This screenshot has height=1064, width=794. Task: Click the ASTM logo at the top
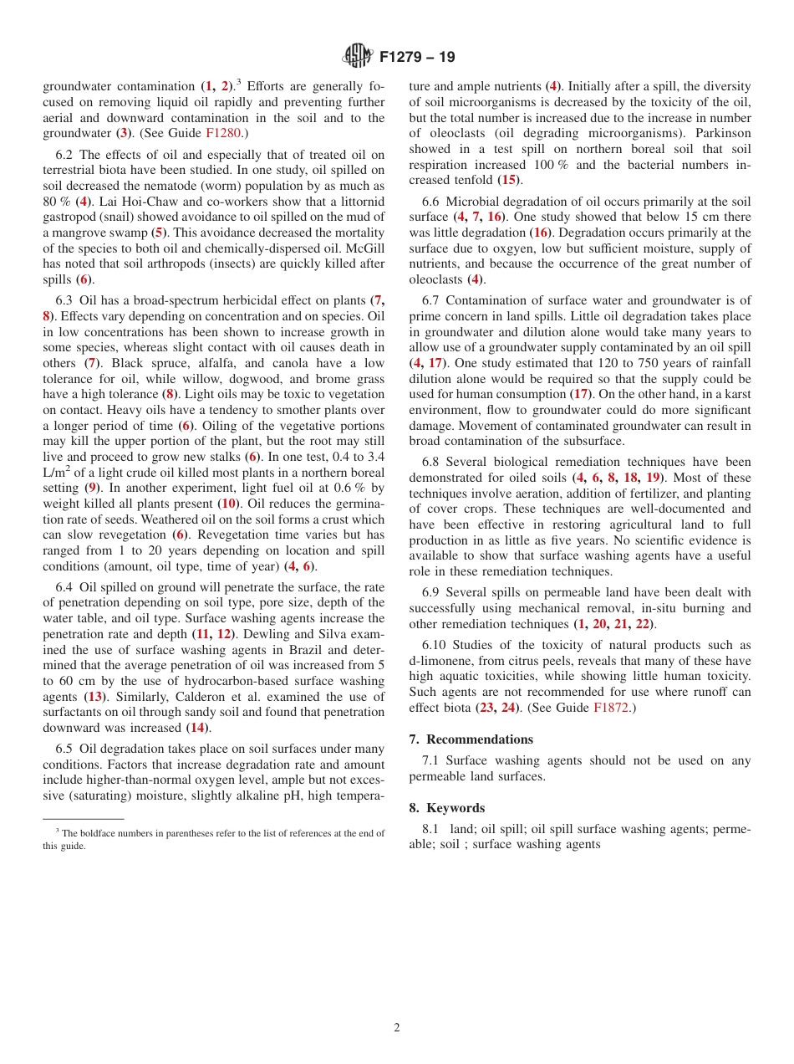tap(358, 57)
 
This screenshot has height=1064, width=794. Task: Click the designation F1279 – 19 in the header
tap(417, 58)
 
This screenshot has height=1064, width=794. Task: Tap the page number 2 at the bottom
tap(397, 1028)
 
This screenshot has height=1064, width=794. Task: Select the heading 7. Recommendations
tap(471, 739)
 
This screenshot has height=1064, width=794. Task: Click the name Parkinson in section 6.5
tap(721, 133)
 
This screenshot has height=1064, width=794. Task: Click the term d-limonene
tap(444, 661)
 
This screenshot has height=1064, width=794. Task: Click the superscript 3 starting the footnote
tap(58, 831)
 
